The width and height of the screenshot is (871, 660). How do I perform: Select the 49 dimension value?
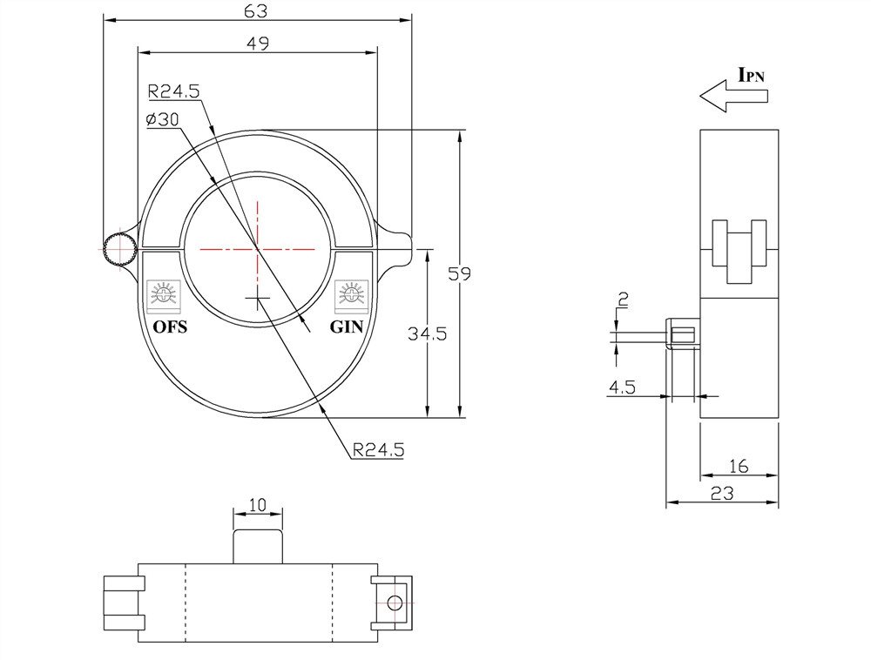(257, 44)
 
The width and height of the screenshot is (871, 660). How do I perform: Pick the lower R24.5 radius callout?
(378, 450)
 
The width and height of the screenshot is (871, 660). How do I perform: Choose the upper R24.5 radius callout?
(174, 90)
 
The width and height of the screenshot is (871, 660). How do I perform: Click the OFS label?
(170, 327)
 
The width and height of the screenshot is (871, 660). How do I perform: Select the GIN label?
(348, 327)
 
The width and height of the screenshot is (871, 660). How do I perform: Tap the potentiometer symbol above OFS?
(163, 294)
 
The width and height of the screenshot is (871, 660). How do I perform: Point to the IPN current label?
(751, 75)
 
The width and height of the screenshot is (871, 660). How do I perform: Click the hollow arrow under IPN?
(733, 96)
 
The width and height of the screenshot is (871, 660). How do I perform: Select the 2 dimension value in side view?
(622, 300)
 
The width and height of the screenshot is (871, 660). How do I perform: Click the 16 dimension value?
(738, 467)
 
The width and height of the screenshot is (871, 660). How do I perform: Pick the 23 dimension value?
(722, 493)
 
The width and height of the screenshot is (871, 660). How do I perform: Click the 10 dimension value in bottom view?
(258, 505)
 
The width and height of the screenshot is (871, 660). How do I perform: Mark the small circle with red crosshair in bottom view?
(394, 602)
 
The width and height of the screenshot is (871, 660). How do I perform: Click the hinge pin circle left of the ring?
(118, 250)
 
